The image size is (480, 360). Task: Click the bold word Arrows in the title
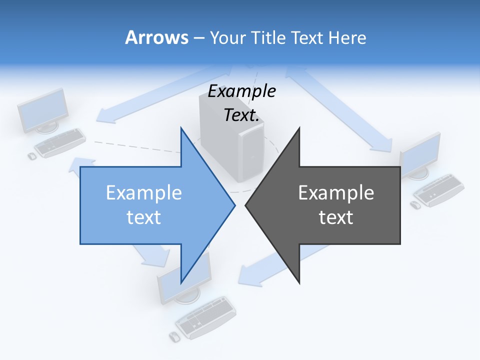click(157, 37)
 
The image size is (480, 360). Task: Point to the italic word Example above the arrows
click(242, 91)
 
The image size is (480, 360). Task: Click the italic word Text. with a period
click(242, 115)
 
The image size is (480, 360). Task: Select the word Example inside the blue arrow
click(144, 193)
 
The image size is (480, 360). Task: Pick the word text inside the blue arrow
click(144, 217)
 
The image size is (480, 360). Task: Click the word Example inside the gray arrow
click(336, 193)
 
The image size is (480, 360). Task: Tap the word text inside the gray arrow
click(336, 217)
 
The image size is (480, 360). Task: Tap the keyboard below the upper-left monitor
click(60, 142)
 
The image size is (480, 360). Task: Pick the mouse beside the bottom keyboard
click(174, 336)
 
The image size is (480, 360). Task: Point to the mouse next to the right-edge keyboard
click(415, 205)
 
